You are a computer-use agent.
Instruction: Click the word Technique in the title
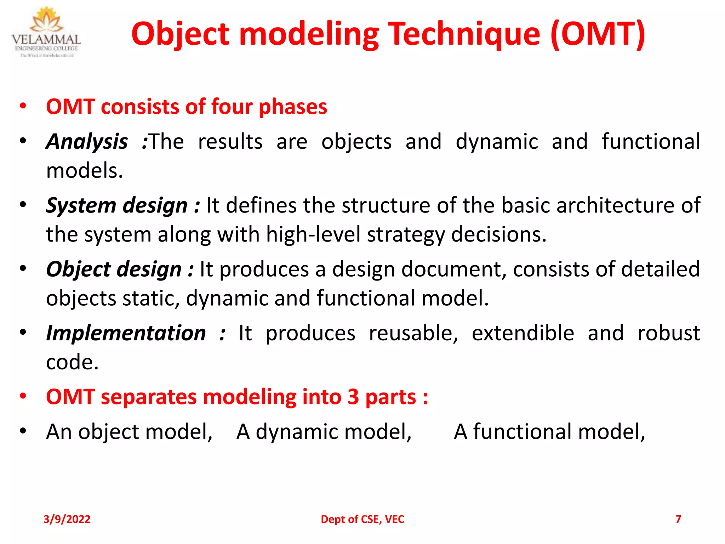click(464, 34)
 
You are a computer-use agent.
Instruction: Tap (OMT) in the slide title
click(598, 34)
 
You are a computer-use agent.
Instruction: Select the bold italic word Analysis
click(87, 142)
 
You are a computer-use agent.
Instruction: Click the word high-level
click(313, 234)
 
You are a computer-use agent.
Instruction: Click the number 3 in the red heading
click(353, 397)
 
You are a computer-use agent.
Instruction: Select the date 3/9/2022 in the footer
click(67, 519)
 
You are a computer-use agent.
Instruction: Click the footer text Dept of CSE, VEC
click(362, 519)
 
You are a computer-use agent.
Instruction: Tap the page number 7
click(678, 519)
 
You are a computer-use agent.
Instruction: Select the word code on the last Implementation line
click(72, 362)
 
